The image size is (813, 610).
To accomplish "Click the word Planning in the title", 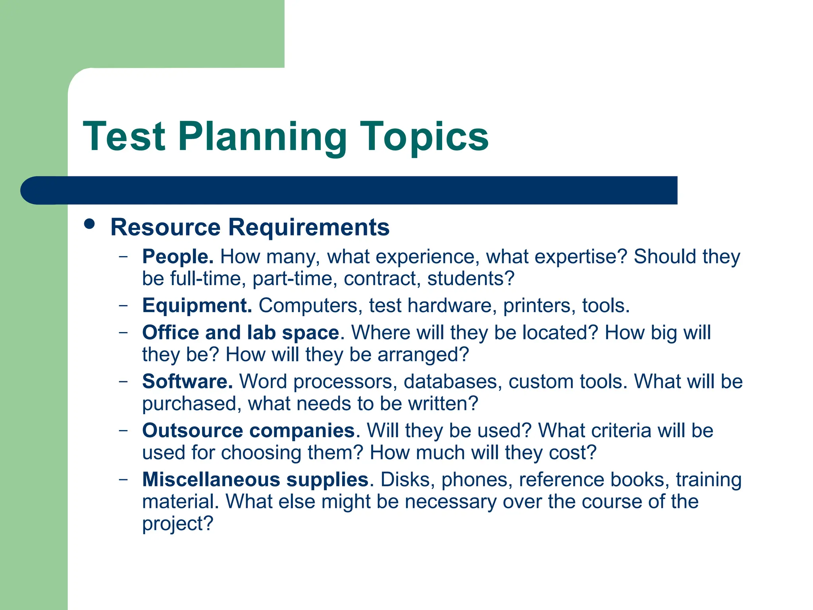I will pos(262,137).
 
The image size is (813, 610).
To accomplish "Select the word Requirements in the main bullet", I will pos(309,227).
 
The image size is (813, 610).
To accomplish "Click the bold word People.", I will pos(177,257).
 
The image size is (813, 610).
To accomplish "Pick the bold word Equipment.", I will pos(197,306).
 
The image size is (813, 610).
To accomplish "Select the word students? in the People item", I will pos(470,278).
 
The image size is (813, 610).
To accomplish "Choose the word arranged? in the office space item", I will pos(423,355).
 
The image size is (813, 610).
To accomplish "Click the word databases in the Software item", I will pos(450,382).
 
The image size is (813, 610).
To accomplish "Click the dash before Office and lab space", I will pos(123,332).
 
